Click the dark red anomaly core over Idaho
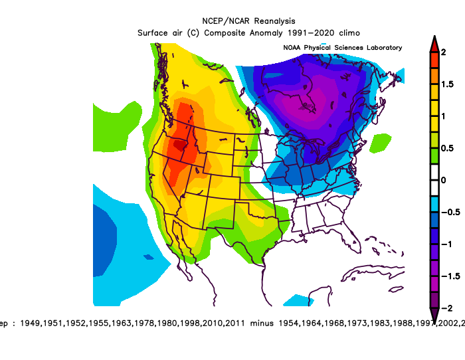(180, 143)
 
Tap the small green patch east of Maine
(381, 141)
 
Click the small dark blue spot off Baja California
(148, 256)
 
